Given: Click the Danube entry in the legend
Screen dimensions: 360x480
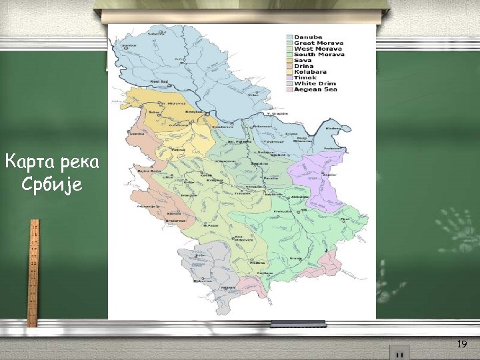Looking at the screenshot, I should coord(309,37).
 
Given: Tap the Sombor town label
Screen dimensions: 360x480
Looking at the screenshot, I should coord(129,45).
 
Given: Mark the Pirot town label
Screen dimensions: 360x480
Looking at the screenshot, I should coord(345,219).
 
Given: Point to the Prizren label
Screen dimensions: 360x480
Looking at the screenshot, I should coord(228,287).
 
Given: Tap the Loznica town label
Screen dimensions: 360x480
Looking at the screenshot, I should coord(138,134).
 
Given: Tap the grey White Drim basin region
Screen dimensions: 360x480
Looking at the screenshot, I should coord(200,267).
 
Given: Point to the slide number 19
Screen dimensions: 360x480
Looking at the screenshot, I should coord(462,344).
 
